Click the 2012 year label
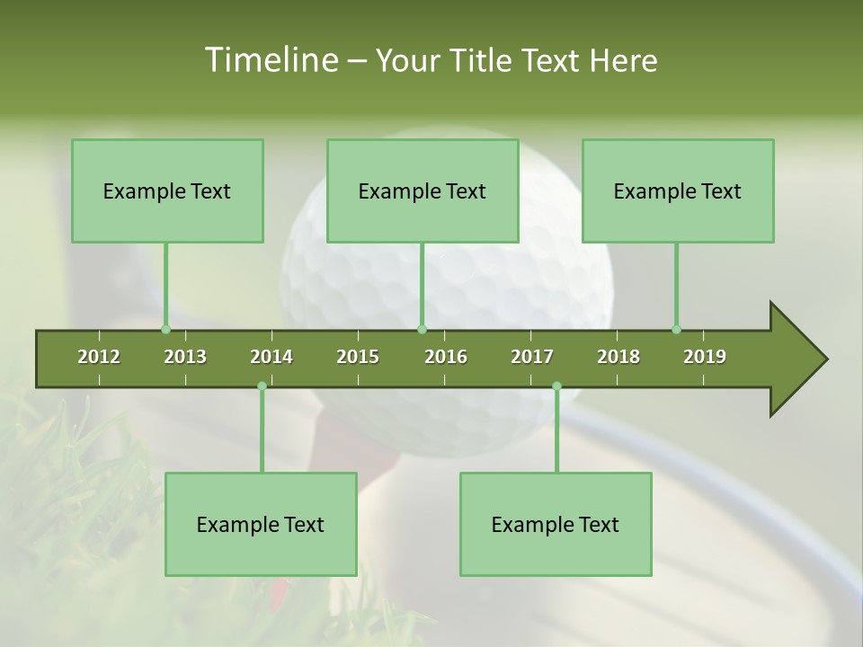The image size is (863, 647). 99,357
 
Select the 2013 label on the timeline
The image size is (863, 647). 185,357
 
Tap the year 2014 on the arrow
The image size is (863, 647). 271,357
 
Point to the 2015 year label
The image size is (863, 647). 358,357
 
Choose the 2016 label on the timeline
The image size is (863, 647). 446,357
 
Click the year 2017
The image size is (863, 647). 532,357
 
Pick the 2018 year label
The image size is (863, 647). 618,357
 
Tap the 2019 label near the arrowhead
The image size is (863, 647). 705,357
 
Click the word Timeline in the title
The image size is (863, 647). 270,60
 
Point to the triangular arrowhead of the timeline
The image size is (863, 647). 796,359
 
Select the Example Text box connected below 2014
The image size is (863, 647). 261,524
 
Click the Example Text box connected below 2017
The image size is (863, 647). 556,524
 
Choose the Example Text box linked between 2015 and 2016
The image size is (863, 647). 423,191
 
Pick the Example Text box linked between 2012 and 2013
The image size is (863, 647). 167,191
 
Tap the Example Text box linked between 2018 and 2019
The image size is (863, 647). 678,191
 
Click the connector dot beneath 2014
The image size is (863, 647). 262,386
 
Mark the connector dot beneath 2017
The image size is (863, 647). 556,386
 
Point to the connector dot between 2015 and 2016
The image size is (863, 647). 423,329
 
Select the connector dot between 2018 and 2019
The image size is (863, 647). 677,329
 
